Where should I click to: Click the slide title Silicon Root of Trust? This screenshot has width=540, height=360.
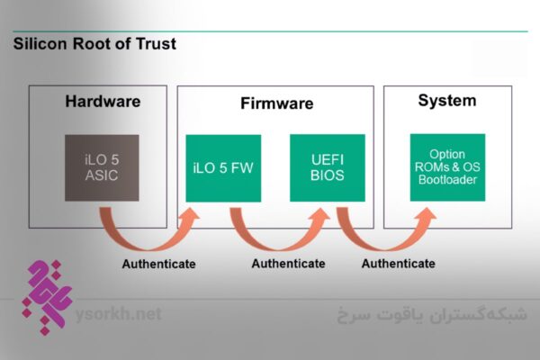(x=94, y=43)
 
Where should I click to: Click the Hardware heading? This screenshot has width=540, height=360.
(x=103, y=101)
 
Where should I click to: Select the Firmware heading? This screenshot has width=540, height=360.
(x=276, y=103)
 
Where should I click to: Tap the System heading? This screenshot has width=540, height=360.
(x=446, y=100)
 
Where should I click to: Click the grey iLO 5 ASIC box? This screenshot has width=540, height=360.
(x=102, y=166)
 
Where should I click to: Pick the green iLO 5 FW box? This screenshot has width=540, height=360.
(x=222, y=167)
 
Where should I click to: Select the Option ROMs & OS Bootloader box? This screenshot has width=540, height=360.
(x=447, y=166)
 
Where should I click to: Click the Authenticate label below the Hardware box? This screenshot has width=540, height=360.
(x=158, y=264)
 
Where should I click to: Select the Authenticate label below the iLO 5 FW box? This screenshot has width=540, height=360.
(x=288, y=264)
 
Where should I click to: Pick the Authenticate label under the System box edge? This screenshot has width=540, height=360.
(x=399, y=264)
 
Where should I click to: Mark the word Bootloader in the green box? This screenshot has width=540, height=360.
(x=447, y=180)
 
